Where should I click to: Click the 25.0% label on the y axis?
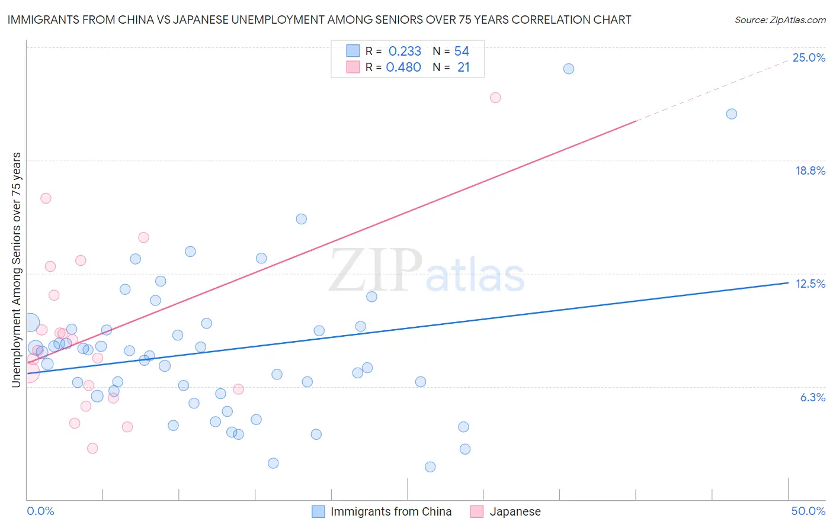[809, 58]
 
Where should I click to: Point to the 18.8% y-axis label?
[810, 171]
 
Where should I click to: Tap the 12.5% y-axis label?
[810, 284]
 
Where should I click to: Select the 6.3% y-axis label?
[812, 398]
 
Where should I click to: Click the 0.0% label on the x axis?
[41, 511]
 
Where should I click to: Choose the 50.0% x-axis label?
[808, 511]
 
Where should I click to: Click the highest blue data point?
[569, 69]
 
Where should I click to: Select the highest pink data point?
[495, 98]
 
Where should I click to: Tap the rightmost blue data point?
[732, 114]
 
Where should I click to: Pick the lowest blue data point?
[430, 467]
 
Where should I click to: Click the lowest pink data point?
[92, 448]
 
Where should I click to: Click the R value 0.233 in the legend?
[405, 51]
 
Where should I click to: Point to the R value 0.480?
[403, 67]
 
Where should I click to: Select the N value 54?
[462, 51]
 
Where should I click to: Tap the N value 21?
[463, 67]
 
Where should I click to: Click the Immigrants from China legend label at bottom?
[390, 512]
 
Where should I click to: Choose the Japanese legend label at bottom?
[515, 512]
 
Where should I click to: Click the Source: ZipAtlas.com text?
[780, 20]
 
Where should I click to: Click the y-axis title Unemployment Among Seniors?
[16, 270]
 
